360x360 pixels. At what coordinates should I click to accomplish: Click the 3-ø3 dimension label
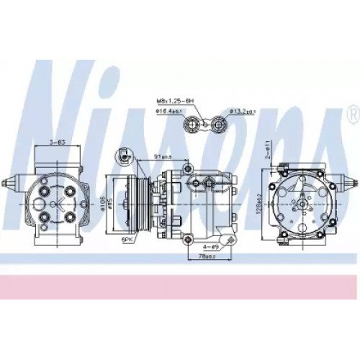[x=56, y=142]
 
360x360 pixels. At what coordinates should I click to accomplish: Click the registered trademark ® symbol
[x=352, y=114]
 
